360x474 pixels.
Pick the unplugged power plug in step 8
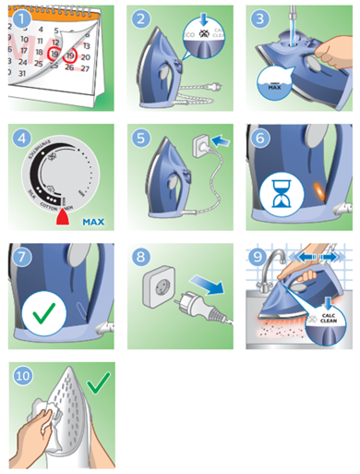point(204,314)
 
